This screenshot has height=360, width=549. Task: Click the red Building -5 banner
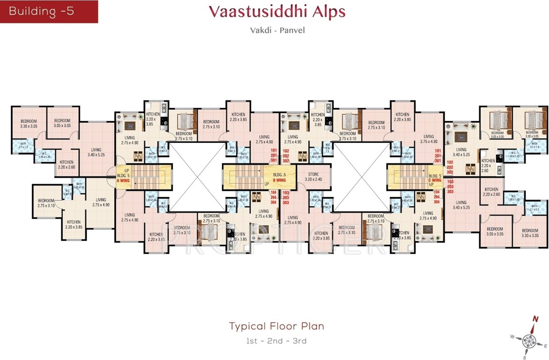click(x=49, y=12)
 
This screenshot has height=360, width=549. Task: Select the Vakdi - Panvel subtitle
click(x=277, y=30)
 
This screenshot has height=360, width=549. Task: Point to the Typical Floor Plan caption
click(x=277, y=326)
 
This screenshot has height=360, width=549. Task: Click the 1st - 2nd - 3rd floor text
click(x=277, y=341)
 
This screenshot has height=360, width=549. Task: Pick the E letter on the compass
click(x=546, y=345)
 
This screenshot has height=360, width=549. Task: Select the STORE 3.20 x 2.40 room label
click(x=313, y=177)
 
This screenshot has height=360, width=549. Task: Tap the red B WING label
click(x=279, y=179)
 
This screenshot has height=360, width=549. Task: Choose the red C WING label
click(x=435, y=179)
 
